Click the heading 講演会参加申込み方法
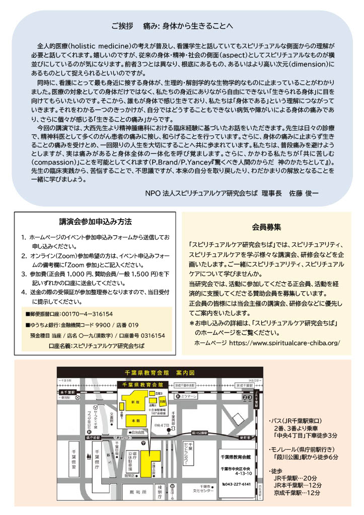95,222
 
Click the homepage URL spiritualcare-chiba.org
284,343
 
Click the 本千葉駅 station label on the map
67,392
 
